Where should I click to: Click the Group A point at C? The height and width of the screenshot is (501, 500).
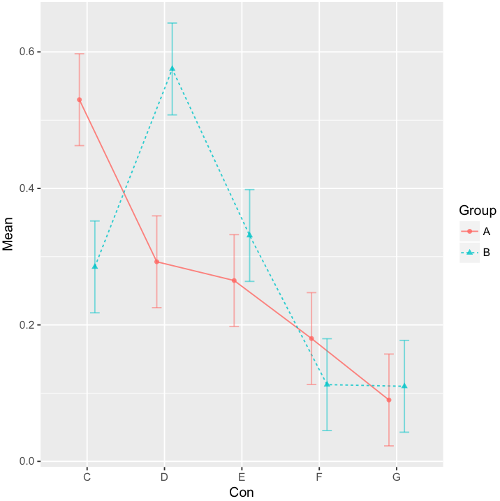(80, 100)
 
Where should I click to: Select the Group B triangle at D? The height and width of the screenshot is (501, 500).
(172, 68)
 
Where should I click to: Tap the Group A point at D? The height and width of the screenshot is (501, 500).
(156, 262)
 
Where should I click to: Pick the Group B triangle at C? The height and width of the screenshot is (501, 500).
(95, 267)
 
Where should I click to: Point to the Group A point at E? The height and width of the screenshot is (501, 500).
(234, 281)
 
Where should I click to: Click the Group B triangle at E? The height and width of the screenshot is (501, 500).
(249, 235)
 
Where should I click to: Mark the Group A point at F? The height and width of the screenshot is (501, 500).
(311, 338)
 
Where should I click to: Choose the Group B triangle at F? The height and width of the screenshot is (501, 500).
(327, 384)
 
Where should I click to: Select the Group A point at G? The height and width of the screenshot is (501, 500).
(389, 400)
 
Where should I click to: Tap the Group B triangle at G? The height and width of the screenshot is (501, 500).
(404, 386)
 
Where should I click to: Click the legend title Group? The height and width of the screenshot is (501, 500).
(477, 211)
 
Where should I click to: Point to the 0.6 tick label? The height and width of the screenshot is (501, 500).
(25, 52)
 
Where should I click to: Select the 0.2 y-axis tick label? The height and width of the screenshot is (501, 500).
(25, 325)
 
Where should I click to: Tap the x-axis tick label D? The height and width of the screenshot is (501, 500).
(164, 478)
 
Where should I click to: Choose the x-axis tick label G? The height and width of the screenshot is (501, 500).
(397, 478)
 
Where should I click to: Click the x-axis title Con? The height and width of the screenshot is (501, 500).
(242, 493)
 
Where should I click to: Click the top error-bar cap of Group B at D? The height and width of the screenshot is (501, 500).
(172, 23)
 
